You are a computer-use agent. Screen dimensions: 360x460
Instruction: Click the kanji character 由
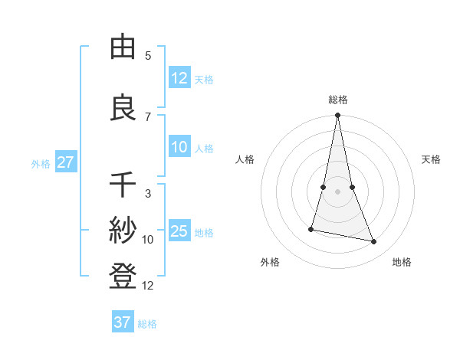tap(123, 47)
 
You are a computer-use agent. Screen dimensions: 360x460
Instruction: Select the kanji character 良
tap(123, 108)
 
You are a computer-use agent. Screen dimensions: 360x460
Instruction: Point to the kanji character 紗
tap(123, 231)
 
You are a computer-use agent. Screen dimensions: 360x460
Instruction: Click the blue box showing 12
tap(179, 78)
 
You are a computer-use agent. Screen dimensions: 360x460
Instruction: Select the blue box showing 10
tap(179, 148)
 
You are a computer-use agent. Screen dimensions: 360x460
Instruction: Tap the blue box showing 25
tap(179, 231)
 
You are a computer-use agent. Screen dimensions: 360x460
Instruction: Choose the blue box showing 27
tap(65, 162)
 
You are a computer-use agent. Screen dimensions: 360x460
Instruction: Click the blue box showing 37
tap(123, 322)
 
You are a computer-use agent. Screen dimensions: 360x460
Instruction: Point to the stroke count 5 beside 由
tap(148, 56)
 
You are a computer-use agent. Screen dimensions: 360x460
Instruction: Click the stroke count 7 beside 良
tap(148, 117)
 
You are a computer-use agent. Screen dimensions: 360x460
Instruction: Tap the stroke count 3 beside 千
tap(148, 194)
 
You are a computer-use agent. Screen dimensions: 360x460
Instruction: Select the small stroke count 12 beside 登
tap(148, 286)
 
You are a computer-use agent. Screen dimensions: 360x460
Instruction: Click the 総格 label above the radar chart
tap(338, 100)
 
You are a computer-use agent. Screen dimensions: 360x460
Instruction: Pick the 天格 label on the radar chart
tap(432, 159)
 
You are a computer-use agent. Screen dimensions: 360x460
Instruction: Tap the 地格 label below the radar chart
tap(402, 262)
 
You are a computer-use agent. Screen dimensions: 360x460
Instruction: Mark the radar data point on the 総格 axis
tap(337, 116)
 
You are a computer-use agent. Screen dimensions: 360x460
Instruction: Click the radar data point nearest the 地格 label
tap(374, 242)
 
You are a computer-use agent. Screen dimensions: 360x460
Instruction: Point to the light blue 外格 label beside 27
tap(41, 163)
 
